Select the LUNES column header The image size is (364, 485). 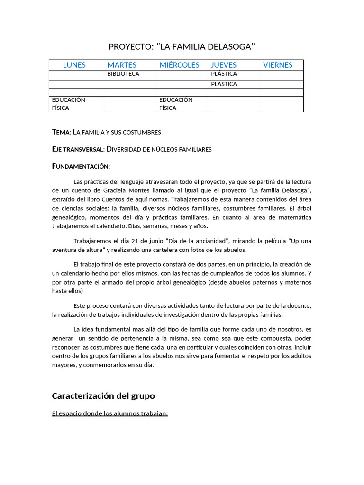point(74,65)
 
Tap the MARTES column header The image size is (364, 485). point(122,65)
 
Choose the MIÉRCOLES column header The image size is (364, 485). point(179,65)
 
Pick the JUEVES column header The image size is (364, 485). point(224,65)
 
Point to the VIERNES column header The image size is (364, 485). point(278,65)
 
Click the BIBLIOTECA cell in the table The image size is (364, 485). point(123,74)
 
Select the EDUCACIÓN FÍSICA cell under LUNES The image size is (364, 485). point(69,104)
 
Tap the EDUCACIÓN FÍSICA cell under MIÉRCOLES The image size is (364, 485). point(176,104)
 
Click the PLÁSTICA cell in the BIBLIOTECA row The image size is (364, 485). point(224,74)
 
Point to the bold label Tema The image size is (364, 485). point(61,132)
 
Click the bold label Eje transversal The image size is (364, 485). point(78,149)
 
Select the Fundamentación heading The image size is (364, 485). point(81,166)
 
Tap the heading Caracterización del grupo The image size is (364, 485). point(103,395)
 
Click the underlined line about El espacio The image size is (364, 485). point(110,413)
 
